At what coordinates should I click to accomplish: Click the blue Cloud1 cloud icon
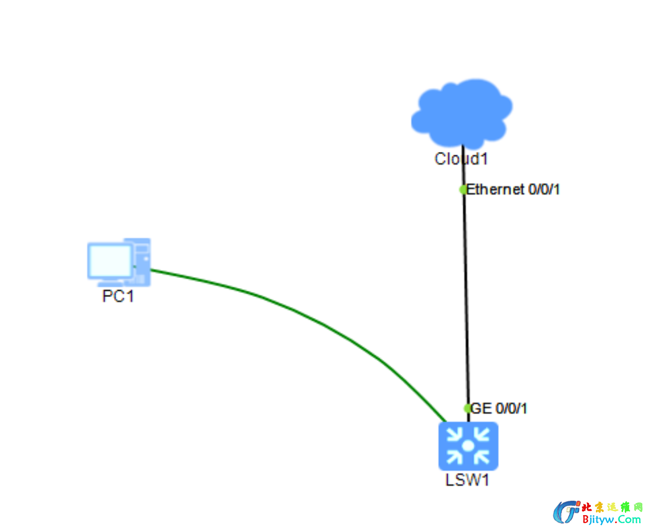tap(462, 113)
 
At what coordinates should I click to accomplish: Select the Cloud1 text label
tap(461, 159)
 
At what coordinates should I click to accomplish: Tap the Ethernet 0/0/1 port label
tap(513, 189)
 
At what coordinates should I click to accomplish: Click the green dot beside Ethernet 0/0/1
tap(463, 189)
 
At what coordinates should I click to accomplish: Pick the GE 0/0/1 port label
tap(499, 408)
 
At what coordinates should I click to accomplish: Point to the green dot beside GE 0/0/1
tap(468, 408)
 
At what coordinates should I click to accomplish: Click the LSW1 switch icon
tap(468, 446)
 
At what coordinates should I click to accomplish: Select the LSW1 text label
tap(467, 480)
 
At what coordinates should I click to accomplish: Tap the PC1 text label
tap(118, 296)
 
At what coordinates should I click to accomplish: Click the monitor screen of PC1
tap(110, 260)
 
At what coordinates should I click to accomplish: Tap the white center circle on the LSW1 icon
tap(468, 446)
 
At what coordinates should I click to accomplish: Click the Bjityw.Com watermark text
tap(611, 520)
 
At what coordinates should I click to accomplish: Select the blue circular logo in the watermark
tap(566, 512)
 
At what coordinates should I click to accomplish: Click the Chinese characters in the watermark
tap(612, 507)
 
